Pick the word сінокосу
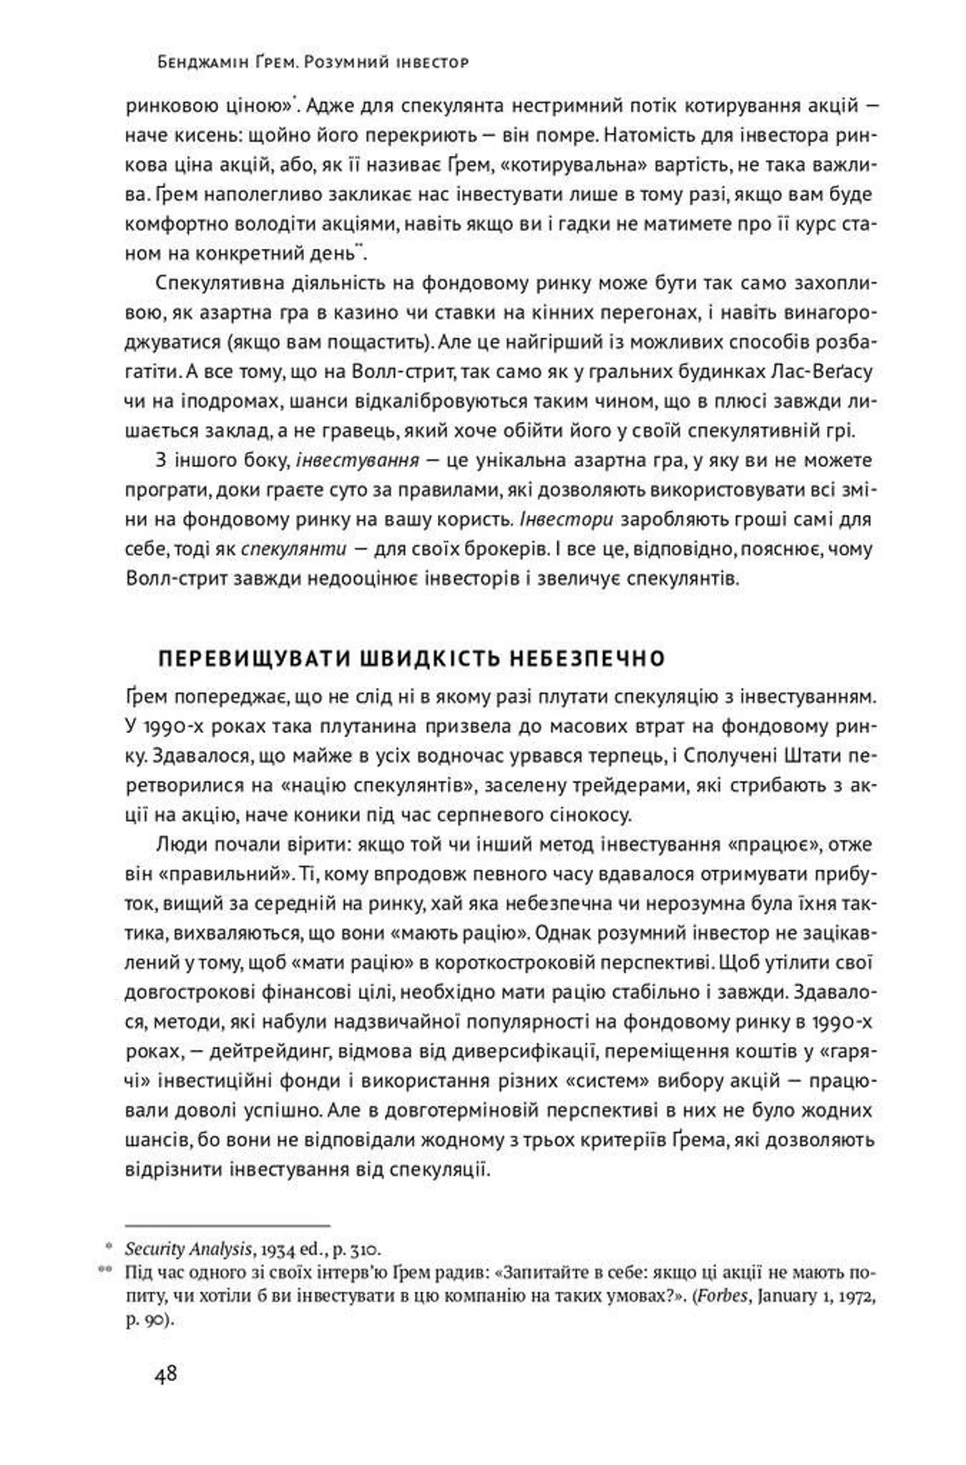pos(579,815)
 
